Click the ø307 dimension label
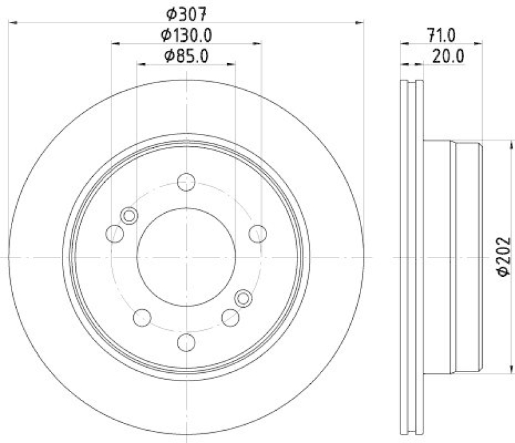[185, 12]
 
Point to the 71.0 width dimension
[442, 34]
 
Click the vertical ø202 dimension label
[504, 256]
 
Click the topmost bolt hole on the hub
[186, 182]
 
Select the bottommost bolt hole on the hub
[186, 342]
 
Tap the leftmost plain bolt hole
[115, 234]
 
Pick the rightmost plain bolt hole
[257, 232]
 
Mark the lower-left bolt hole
[142, 317]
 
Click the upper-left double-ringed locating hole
[129, 216]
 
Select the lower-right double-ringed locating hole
[243, 297]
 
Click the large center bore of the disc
[186, 258]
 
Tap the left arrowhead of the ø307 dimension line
[12, 23]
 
